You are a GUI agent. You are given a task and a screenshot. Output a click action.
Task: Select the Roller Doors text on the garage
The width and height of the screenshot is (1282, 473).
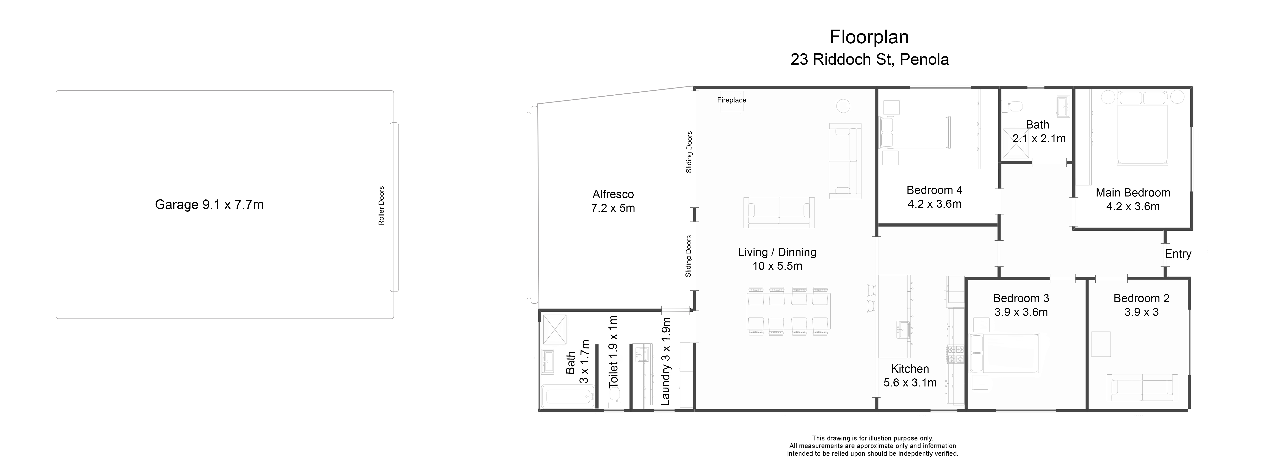(381, 206)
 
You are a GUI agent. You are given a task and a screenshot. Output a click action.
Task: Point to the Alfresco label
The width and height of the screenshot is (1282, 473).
(613, 195)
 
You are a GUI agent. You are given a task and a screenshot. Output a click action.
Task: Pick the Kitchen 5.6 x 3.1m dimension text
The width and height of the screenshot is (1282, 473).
(910, 383)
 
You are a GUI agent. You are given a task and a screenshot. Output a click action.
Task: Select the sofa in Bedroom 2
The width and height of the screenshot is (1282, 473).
(1142, 387)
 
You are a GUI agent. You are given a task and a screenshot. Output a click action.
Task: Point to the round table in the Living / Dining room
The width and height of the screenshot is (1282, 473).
(843, 106)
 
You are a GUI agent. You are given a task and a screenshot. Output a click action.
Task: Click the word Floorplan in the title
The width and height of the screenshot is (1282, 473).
(870, 37)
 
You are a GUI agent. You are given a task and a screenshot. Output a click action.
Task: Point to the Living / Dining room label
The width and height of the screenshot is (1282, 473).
(777, 252)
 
